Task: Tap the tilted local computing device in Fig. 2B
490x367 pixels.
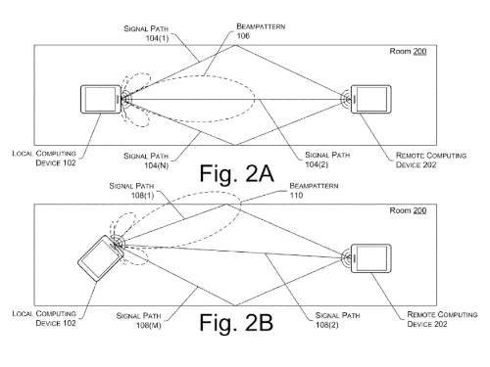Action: (x=98, y=256)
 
